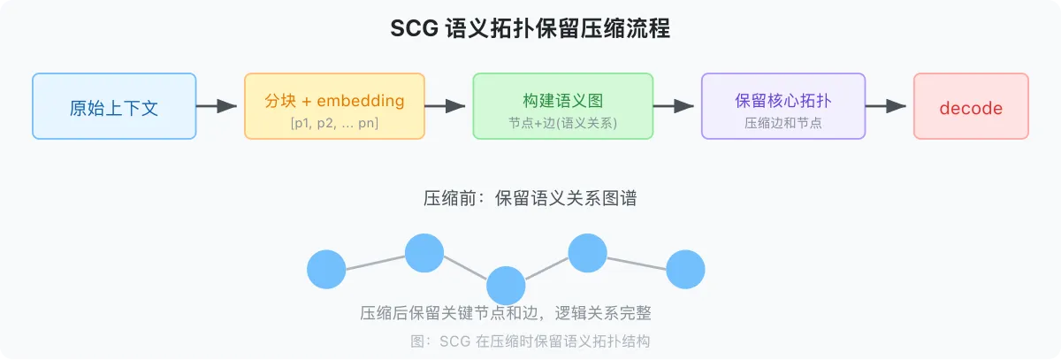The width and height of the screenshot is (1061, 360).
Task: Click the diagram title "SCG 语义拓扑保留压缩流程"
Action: (x=530, y=28)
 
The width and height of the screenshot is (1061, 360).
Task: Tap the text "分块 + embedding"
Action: (x=334, y=100)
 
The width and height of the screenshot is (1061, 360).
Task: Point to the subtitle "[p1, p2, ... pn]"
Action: (x=334, y=123)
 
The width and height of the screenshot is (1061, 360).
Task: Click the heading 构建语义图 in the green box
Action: (x=562, y=100)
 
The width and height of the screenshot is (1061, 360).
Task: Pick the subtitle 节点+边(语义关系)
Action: (x=562, y=123)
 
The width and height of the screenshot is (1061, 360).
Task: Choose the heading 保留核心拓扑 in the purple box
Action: (x=783, y=100)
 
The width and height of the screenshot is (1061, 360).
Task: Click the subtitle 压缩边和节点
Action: (x=783, y=123)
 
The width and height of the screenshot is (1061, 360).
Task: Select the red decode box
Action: (x=971, y=107)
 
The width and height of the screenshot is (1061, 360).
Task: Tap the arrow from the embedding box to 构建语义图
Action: (x=446, y=106)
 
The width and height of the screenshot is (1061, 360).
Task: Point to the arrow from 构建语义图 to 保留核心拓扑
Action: (x=675, y=106)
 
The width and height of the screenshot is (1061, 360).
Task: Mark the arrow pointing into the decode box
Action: (x=886, y=106)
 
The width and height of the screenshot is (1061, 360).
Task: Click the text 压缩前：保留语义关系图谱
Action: (x=530, y=199)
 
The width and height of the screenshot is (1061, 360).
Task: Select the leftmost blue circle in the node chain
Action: (x=326, y=270)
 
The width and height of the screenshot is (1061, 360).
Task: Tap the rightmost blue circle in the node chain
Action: (x=685, y=270)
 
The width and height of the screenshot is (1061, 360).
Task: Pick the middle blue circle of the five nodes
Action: (x=506, y=286)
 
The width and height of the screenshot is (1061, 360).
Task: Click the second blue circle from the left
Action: (x=424, y=254)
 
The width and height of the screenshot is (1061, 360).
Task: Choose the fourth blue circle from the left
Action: (x=587, y=254)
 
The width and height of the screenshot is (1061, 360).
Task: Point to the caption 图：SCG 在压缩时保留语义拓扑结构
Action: (x=530, y=341)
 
